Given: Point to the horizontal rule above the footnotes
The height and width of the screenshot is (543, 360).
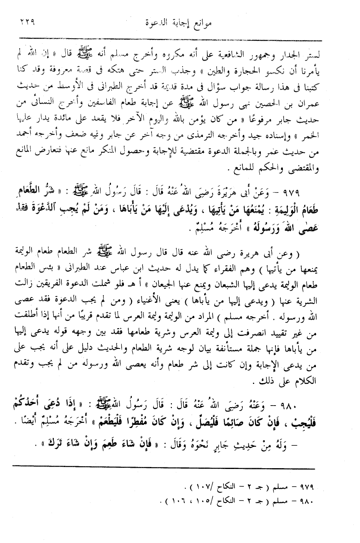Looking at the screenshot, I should pos(163,468).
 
